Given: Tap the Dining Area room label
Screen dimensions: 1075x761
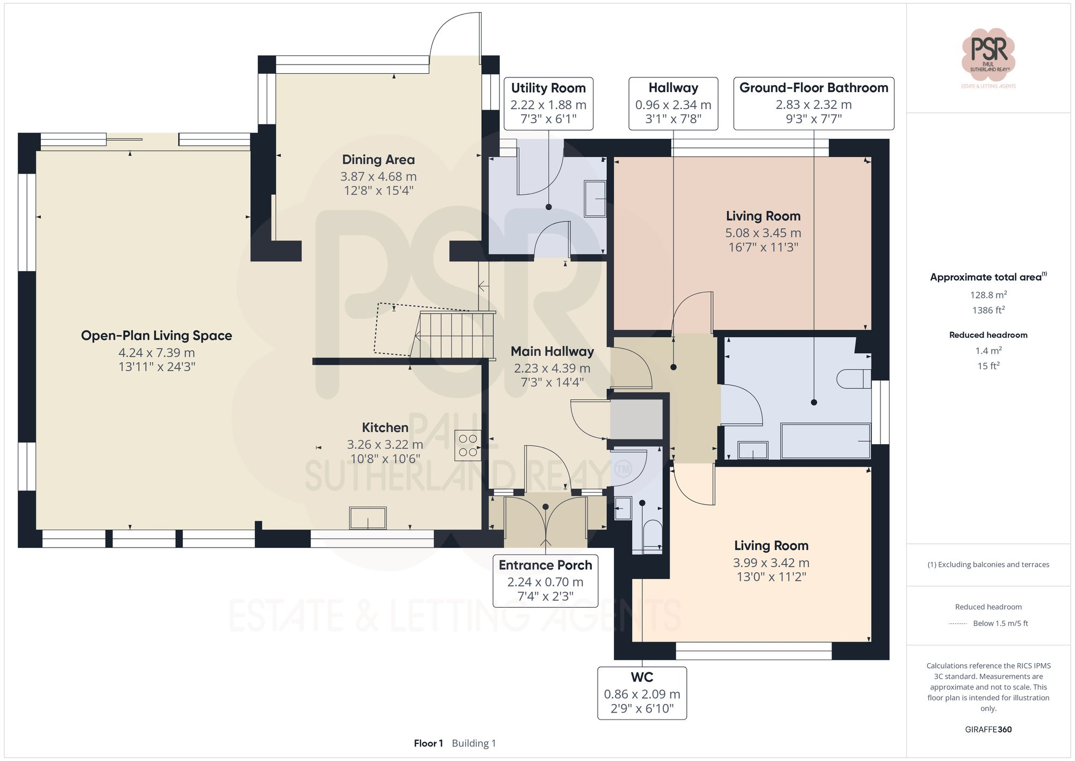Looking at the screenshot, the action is (378, 160).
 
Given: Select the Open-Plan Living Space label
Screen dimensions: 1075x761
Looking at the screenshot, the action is (156, 336).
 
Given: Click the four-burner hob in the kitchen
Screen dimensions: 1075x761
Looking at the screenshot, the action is (468, 445).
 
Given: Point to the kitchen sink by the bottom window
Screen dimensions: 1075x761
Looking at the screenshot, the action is (368, 518).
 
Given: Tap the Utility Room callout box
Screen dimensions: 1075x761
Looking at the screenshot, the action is (548, 104).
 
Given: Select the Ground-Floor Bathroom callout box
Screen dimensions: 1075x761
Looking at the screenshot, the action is (814, 104).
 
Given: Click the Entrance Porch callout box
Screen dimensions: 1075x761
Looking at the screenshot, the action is (546, 581).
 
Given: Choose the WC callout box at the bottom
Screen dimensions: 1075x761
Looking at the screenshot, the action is (642, 693).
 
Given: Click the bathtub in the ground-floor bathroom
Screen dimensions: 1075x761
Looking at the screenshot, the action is (826, 441).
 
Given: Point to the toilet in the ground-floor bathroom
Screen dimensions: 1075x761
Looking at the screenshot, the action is (854, 379).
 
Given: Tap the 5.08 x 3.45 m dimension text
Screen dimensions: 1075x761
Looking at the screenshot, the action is (763, 233).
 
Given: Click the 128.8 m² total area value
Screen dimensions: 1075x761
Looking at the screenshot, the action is (988, 295).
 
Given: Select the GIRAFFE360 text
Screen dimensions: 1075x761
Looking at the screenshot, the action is (988, 729).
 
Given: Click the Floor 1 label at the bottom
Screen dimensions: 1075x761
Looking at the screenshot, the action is (428, 743).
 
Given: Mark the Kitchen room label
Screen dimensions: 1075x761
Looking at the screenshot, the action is (385, 428).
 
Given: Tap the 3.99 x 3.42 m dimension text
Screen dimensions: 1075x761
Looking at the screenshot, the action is (771, 563).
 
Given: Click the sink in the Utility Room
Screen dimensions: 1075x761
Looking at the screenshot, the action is (594, 199).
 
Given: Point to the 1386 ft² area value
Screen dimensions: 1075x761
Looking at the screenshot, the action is (988, 310).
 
